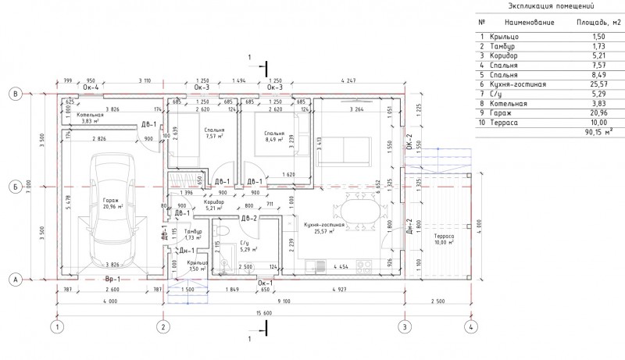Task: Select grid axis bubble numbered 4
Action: tap(471, 326)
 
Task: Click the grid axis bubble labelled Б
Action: tap(14, 187)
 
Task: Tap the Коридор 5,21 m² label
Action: tap(215, 205)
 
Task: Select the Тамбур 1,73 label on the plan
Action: tap(193, 234)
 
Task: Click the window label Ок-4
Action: tap(91, 88)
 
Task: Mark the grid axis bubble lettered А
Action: tap(14, 278)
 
